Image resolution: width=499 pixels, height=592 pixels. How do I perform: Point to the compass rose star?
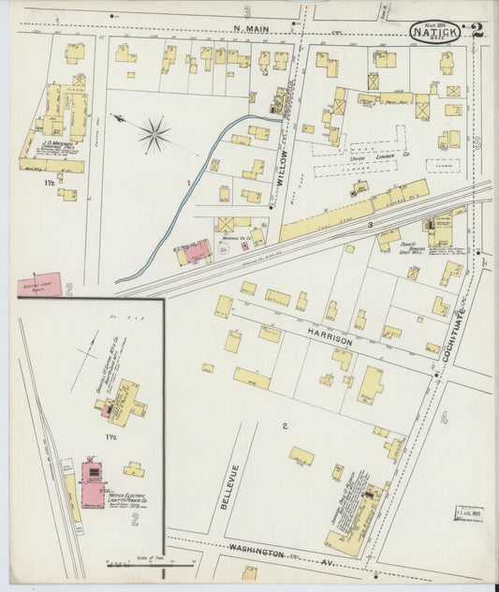pyautogui.click(x=154, y=134)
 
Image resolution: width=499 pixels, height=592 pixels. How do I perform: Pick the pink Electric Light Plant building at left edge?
pyautogui.click(x=39, y=284)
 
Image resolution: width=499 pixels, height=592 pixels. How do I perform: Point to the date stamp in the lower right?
pyautogui.click(x=469, y=513)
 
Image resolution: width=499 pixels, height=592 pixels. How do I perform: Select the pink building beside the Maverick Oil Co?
pyautogui.click(x=198, y=251)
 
